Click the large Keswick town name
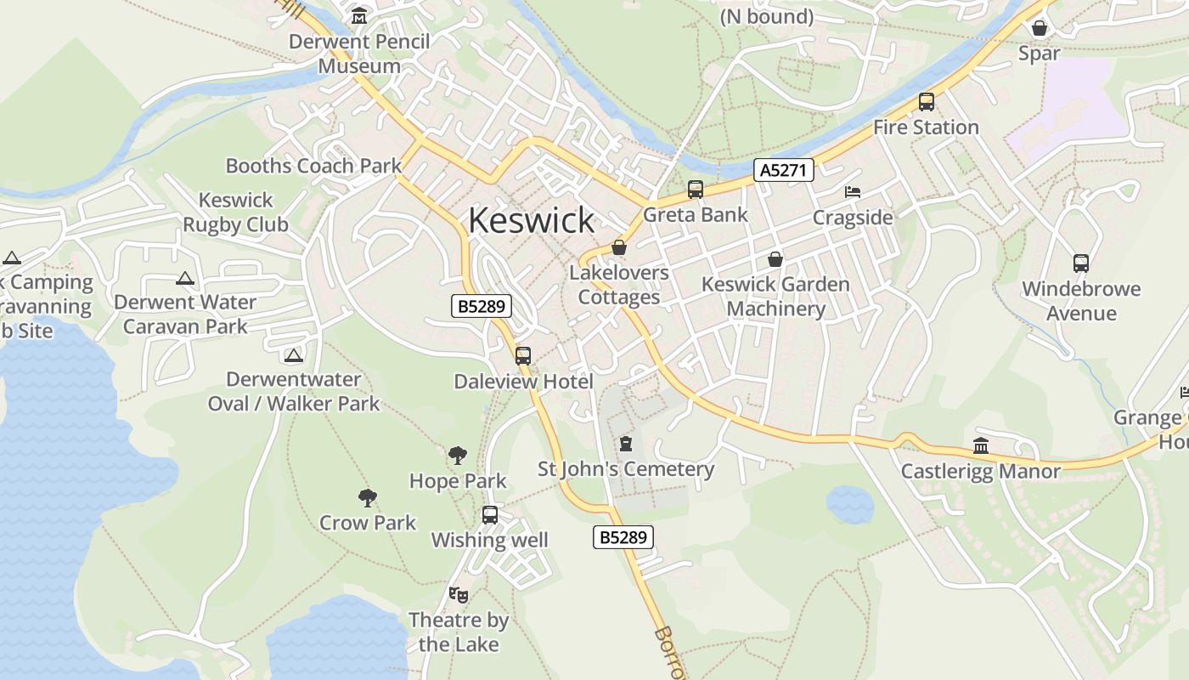pos(531,220)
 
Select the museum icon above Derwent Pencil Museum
pos(358,16)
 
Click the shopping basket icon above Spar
pos(1039,28)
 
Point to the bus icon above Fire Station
pos(926,102)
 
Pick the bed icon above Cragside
pos(853,192)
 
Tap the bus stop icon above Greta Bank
pos(695,190)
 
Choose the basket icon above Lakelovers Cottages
pos(619,247)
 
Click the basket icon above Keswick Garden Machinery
pos(775,259)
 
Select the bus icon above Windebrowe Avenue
pos(1080,263)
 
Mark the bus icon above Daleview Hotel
pos(523,356)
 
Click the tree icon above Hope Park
pos(458,456)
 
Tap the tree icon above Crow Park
pos(367,497)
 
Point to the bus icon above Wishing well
pos(490,514)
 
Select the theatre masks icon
pos(459,594)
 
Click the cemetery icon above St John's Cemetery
pos(626,444)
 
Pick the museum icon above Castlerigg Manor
pos(981,445)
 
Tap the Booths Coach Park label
pos(313,165)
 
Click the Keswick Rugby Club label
pos(236,212)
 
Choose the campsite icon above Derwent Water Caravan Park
pos(185,278)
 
